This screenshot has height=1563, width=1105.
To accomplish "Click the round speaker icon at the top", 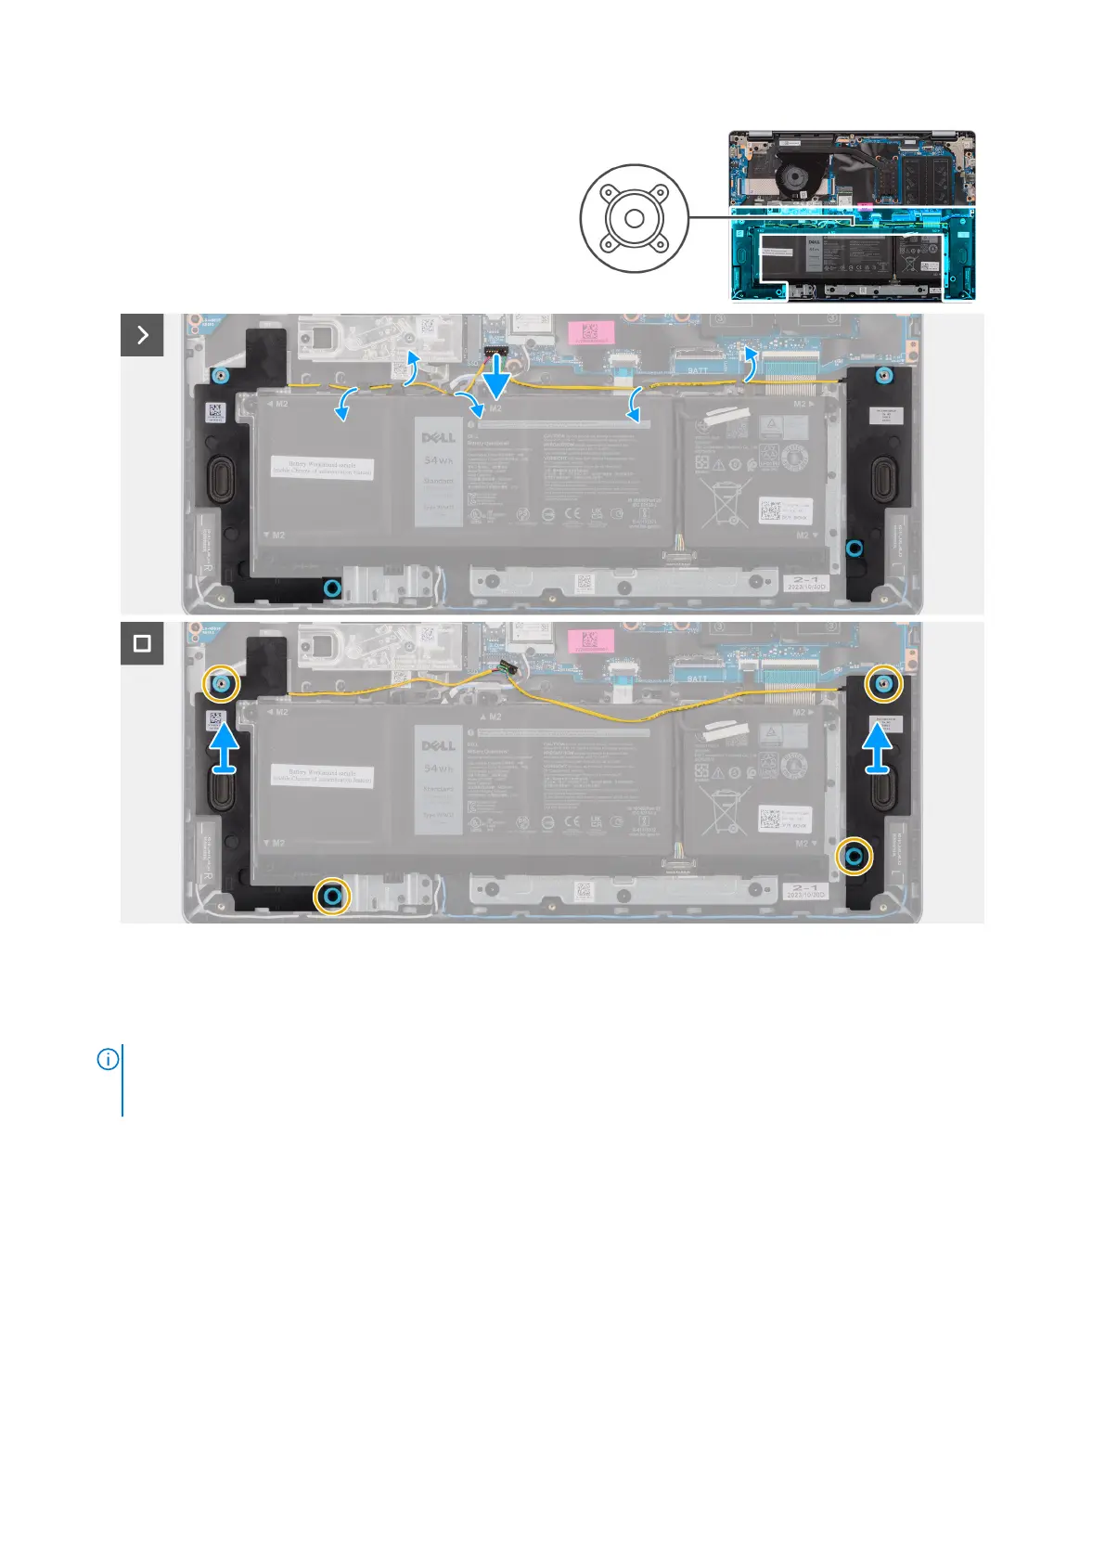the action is coord(635,218).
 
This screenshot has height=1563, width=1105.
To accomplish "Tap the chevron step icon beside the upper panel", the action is coord(142,335).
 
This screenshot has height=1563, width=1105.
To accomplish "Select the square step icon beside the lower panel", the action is coord(142,643).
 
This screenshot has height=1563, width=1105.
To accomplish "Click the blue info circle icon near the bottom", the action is coord(108,1059).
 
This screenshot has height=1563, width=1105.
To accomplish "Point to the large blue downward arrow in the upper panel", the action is coord(496,379).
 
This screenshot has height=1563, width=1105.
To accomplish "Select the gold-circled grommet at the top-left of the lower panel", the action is coord(222,684).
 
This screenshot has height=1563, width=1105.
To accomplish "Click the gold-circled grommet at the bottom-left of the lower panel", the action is coord(333,896).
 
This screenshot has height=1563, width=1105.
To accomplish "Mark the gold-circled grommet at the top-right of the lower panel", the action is coord(883,684).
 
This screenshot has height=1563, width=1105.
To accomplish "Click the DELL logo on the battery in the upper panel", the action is coord(439,437).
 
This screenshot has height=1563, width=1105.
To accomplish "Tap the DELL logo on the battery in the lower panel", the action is coord(439,745).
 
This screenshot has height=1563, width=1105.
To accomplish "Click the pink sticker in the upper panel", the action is coord(588,331).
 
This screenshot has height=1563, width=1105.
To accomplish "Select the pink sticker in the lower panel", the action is coord(588,639).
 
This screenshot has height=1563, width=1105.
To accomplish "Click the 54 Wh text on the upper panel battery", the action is coord(439,460).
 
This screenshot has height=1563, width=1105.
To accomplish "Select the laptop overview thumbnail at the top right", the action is coord(853,215).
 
